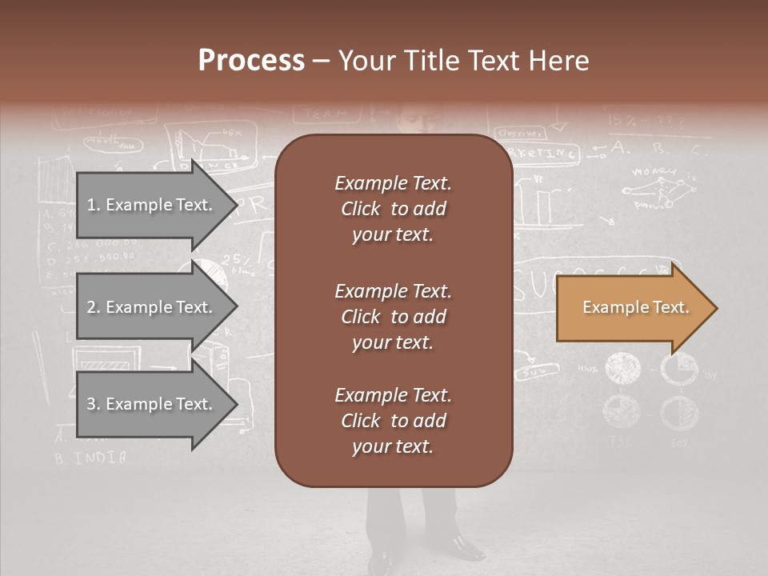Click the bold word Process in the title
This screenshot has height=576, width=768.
point(251,61)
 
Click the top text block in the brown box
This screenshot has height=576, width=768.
point(393,209)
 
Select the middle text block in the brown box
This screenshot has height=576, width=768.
point(393,317)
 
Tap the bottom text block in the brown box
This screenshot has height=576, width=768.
point(393,421)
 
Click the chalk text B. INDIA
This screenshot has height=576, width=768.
point(90,458)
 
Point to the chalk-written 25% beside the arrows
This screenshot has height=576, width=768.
point(236,259)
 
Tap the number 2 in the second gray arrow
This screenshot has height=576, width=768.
point(90,307)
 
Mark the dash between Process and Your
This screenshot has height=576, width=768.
point(320,62)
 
